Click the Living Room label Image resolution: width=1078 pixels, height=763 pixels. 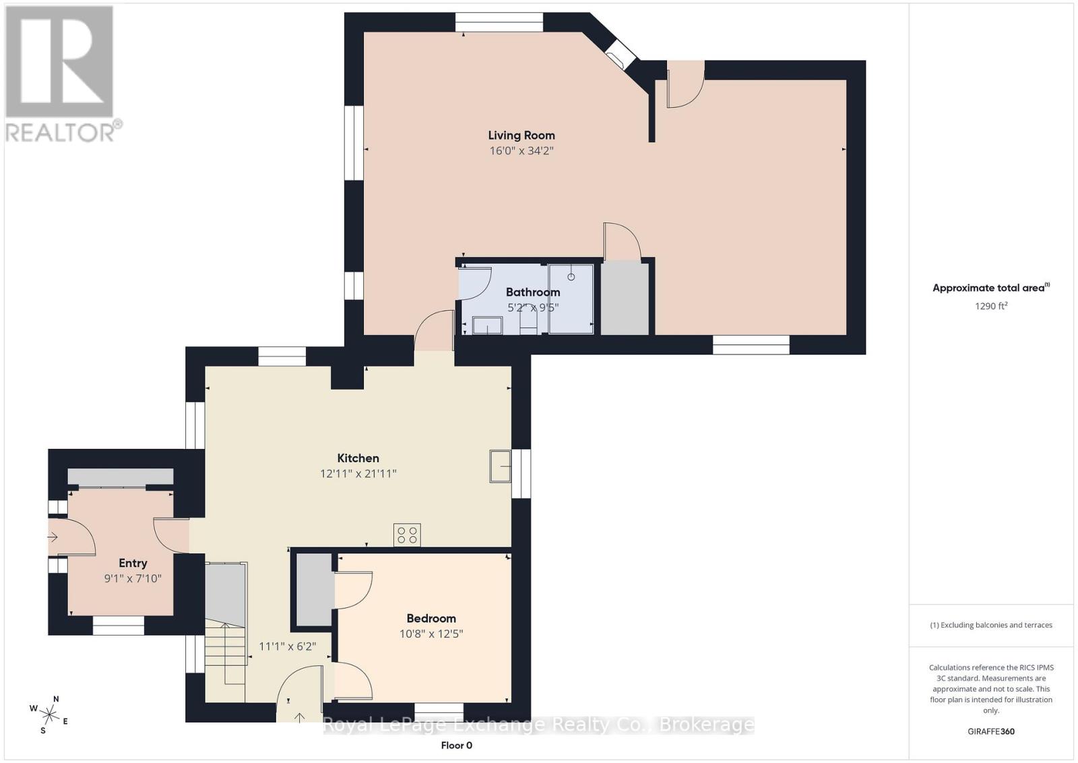click(x=521, y=135)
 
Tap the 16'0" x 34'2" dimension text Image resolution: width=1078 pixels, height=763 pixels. click(x=521, y=151)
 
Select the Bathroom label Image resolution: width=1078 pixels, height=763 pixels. click(x=533, y=293)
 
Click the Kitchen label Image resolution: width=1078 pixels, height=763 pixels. click(x=358, y=458)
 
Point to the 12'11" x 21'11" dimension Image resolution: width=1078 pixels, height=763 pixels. click(x=358, y=474)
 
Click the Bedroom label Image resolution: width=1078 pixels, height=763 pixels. click(x=431, y=618)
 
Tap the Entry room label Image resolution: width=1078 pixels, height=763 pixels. click(x=133, y=563)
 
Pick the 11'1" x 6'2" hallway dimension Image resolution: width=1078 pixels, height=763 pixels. click(x=287, y=646)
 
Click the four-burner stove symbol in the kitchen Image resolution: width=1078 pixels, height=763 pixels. click(x=407, y=535)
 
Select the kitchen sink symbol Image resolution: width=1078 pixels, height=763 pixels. click(x=500, y=466)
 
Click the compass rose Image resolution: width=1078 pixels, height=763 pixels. click(x=49, y=714)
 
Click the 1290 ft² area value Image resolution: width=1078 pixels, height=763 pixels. click(x=991, y=306)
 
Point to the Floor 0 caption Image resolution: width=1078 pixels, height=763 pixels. click(x=456, y=745)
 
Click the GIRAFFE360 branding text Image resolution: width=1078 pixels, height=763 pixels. click(x=991, y=731)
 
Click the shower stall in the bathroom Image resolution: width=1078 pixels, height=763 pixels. click(x=571, y=299)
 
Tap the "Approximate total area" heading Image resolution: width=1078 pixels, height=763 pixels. click(x=991, y=288)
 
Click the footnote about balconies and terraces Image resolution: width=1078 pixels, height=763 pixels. click(x=991, y=625)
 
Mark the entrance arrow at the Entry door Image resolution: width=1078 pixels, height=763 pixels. click(x=53, y=537)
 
